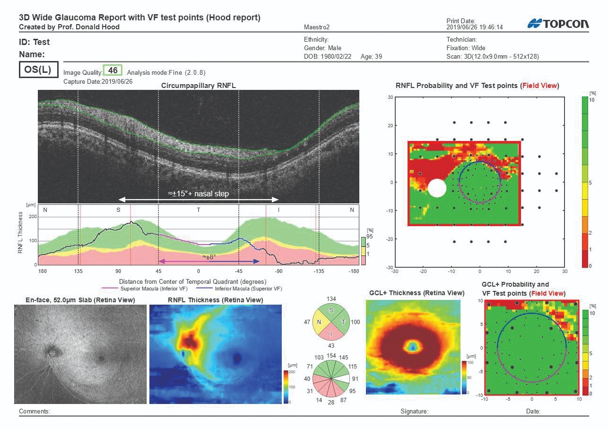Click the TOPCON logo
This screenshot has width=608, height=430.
tap(558, 24)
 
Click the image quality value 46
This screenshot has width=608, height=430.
tap(113, 70)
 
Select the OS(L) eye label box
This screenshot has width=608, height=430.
tap(38, 70)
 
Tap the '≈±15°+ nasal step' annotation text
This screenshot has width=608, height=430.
tap(199, 193)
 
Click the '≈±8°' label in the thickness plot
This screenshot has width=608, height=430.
tap(209, 256)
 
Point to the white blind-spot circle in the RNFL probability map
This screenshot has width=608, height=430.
tap(437, 188)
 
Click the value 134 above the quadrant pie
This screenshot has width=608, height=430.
tap(330, 298)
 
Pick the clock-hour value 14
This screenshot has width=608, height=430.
tap(319, 400)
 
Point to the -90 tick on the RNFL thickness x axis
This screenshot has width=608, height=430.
tap(279, 272)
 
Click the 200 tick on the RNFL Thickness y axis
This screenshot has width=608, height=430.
tap(33, 217)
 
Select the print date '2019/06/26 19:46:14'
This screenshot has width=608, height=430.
tap(474, 27)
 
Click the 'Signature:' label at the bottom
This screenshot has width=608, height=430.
tap(414, 412)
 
